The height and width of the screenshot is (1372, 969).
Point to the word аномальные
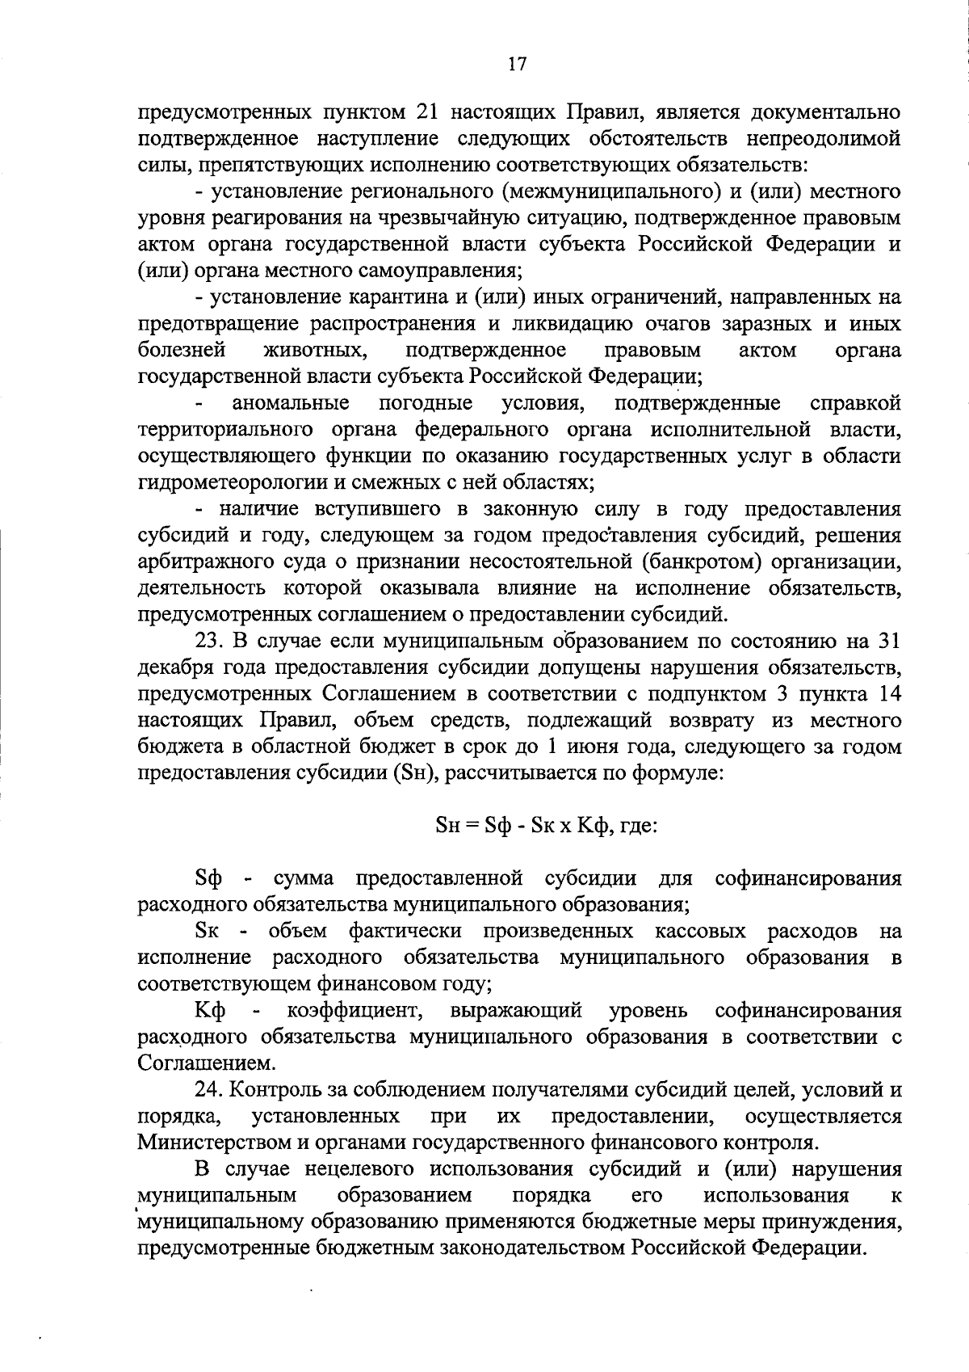tap(291, 403)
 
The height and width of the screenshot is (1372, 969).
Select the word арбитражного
tap(199, 562)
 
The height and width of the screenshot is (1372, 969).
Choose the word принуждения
tap(839, 1222)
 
